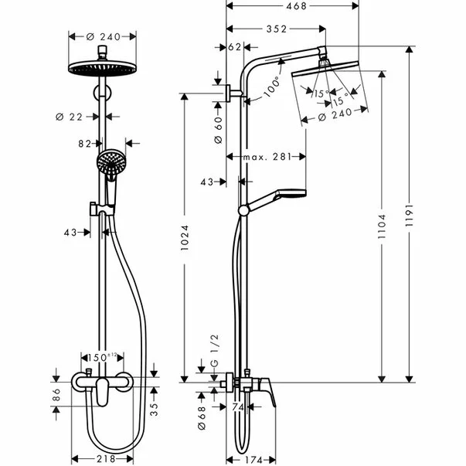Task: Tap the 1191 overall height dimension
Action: pyautogui.click(x=410, y=211)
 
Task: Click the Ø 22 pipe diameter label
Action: pyautogui.click(x=70, y=116)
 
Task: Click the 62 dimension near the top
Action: pyautogui.click(x=235, y=47)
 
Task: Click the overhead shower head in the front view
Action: pyautogui.click(x=100, y=65)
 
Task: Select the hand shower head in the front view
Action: pyautogui.click(x=110, y=163)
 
